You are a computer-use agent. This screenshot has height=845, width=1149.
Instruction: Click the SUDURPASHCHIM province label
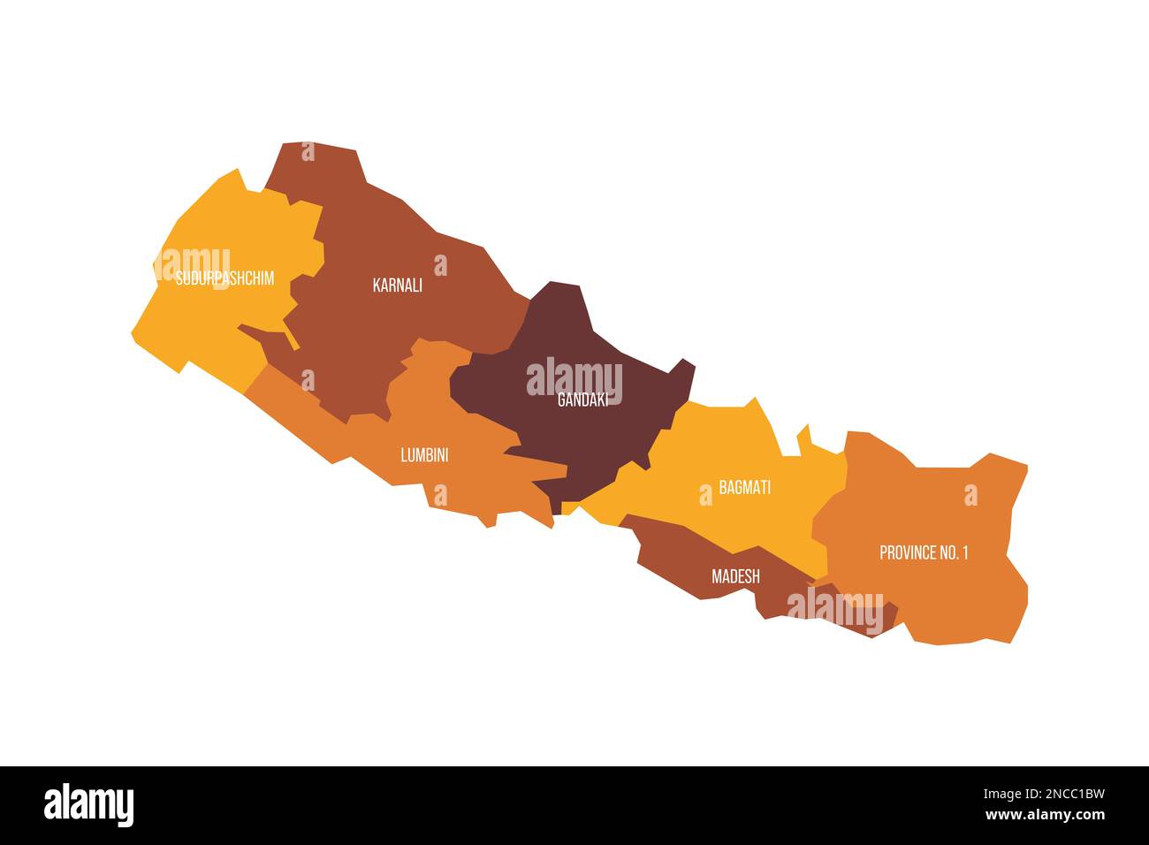click(224, 279)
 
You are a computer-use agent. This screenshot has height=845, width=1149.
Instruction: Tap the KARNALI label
click(397, 285)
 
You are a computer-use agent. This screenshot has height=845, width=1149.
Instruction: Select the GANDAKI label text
click(582, 400)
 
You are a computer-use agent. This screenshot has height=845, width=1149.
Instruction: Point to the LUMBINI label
click(424, 456)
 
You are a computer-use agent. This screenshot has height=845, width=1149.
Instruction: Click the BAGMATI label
click(744, 488)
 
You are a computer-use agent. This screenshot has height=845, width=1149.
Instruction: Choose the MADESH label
click(735, 576)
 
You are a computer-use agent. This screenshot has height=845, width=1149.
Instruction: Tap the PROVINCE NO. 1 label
click(924, 553)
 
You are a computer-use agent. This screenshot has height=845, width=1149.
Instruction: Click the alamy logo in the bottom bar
click(88, 805)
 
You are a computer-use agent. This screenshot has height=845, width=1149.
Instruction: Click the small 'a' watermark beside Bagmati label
click(705, 495)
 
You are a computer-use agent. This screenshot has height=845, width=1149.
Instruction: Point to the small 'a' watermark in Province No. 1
click(970, 495)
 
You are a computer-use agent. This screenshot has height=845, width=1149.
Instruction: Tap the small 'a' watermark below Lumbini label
click(440, 495)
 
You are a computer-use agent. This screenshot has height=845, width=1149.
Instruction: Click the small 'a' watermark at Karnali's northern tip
click(308, 151)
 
